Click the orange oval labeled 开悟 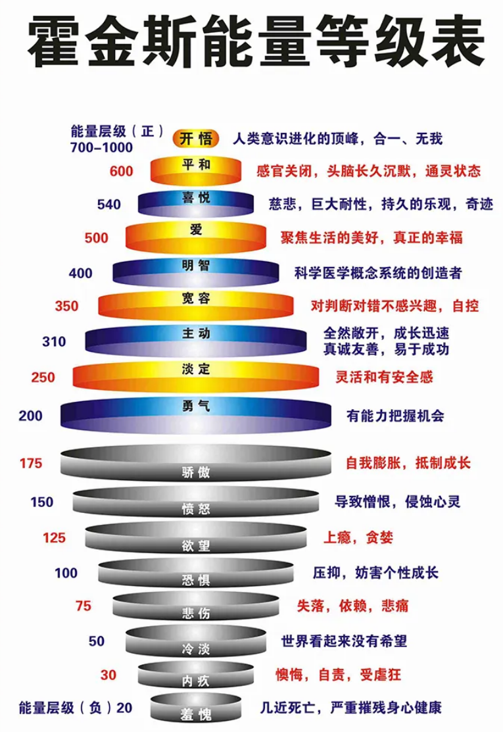(x=195, y=139)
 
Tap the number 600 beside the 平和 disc (x=122, y=172)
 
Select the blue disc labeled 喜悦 (x=195, y=203)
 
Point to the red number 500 (x=96, y=237)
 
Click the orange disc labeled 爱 (x=195, y=236)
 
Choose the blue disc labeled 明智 (x=195, y=272)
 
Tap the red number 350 (x=66, y=306)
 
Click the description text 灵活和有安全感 (x=384, y=377)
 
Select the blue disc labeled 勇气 (x=195, y=414)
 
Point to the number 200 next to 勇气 (x=30, y=416)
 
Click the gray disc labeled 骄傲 (x=195, y=463)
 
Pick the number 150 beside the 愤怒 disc (x=42, y=502)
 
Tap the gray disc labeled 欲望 (x=195, y=537)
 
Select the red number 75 (x=83, y=606)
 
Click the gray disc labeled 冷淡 (x=195, y=640)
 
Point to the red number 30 (x=108, y=675)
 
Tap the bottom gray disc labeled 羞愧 (x=195, y=707)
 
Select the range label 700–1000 (x=102, y=147)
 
